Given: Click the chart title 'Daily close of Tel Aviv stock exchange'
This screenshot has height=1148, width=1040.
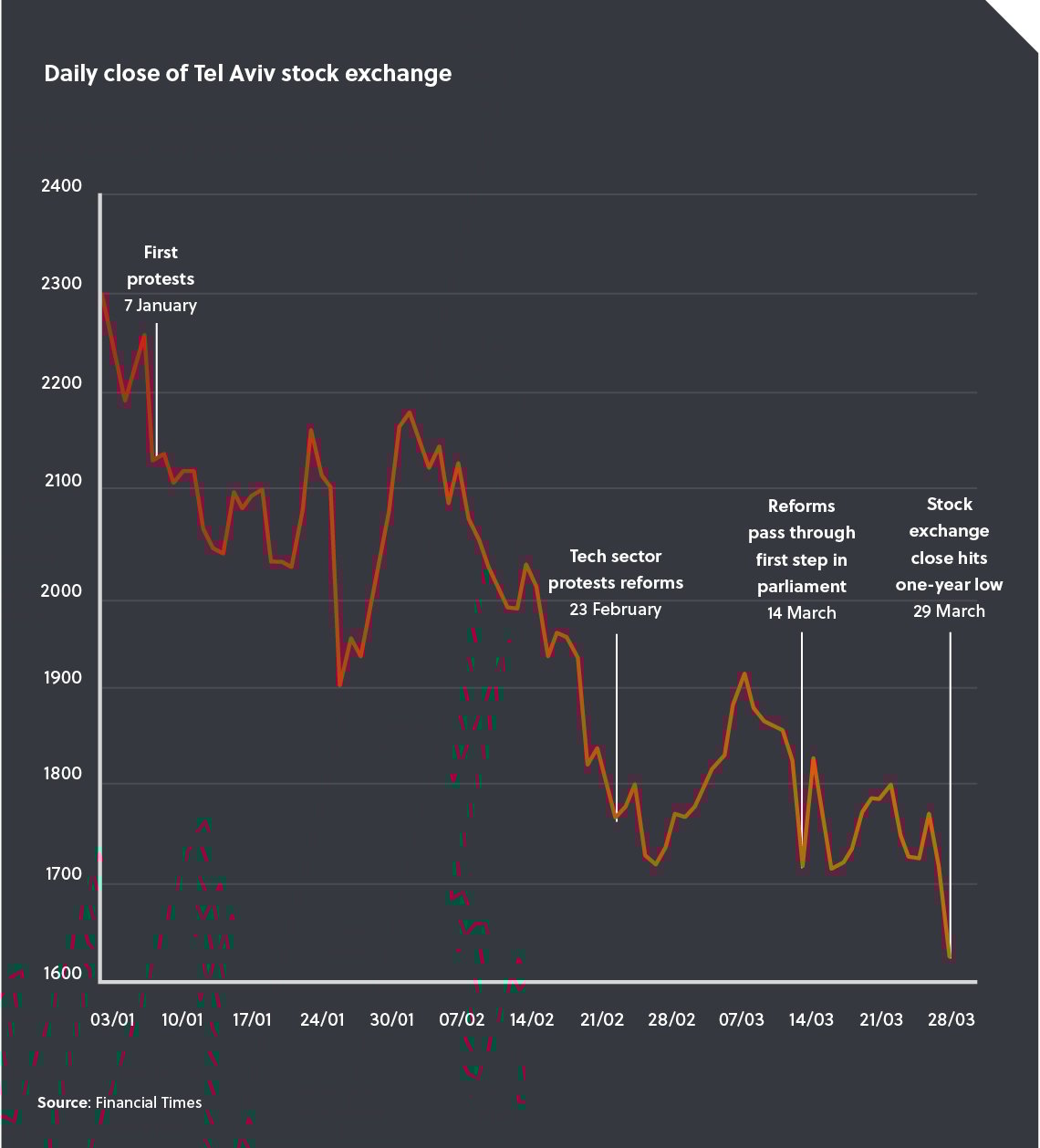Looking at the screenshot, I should click(247, 74).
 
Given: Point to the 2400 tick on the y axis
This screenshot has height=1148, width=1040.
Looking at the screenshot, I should click(61, 186).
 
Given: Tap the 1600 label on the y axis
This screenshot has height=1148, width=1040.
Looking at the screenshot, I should click(61, 974).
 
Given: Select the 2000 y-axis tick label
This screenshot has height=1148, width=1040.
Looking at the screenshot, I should click(61, 590).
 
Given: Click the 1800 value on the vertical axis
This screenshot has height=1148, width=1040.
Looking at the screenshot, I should click(61, 774).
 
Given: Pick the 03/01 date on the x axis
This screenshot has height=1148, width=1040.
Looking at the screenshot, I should click(112, 1019).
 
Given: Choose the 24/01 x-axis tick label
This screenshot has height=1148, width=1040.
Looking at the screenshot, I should click(322, 1019).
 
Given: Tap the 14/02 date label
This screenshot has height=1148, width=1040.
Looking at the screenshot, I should click(532, 1019).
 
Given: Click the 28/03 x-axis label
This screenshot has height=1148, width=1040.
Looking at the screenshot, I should click(951, 1019).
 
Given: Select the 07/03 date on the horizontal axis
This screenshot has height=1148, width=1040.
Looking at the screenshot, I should click(741, 1019).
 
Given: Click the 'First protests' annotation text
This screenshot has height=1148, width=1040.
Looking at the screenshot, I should click(161, 266).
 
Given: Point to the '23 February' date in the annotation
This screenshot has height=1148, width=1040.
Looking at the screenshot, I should click(616, 610).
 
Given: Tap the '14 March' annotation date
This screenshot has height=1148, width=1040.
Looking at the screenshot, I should click(801, 613).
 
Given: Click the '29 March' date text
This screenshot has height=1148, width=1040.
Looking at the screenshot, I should click(949, 611).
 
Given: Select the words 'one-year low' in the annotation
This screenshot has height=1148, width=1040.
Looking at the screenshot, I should click(949, 585).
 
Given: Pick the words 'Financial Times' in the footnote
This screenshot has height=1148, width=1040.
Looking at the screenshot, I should click(149, 1102).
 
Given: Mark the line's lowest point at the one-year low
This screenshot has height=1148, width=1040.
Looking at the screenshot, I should click(950, 956).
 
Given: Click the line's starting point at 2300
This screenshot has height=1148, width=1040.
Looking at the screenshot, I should click(103, 295).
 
